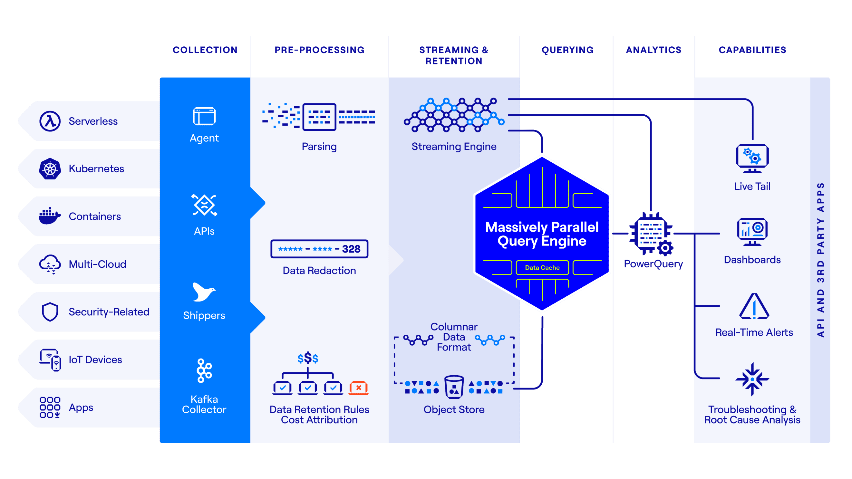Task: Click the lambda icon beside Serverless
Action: (50, 121)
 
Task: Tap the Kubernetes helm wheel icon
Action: (50, 169)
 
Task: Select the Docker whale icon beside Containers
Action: (50, 216)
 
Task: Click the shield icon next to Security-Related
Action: (50, 312)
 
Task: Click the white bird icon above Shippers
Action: (203, 292)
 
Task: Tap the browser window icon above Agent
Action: (204, 116)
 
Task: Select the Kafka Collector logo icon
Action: (204, 370)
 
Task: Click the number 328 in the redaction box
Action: (351, 249)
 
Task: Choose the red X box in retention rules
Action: (359, 388)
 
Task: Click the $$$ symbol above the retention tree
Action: (308, 358)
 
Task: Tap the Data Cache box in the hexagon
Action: (542, 268)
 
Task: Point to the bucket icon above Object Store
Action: (454, 387)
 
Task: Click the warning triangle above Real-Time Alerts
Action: (754, 306)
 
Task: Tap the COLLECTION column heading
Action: (205, 50)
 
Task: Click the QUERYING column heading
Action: (567, 50)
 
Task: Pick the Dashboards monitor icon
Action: (752, 231)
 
